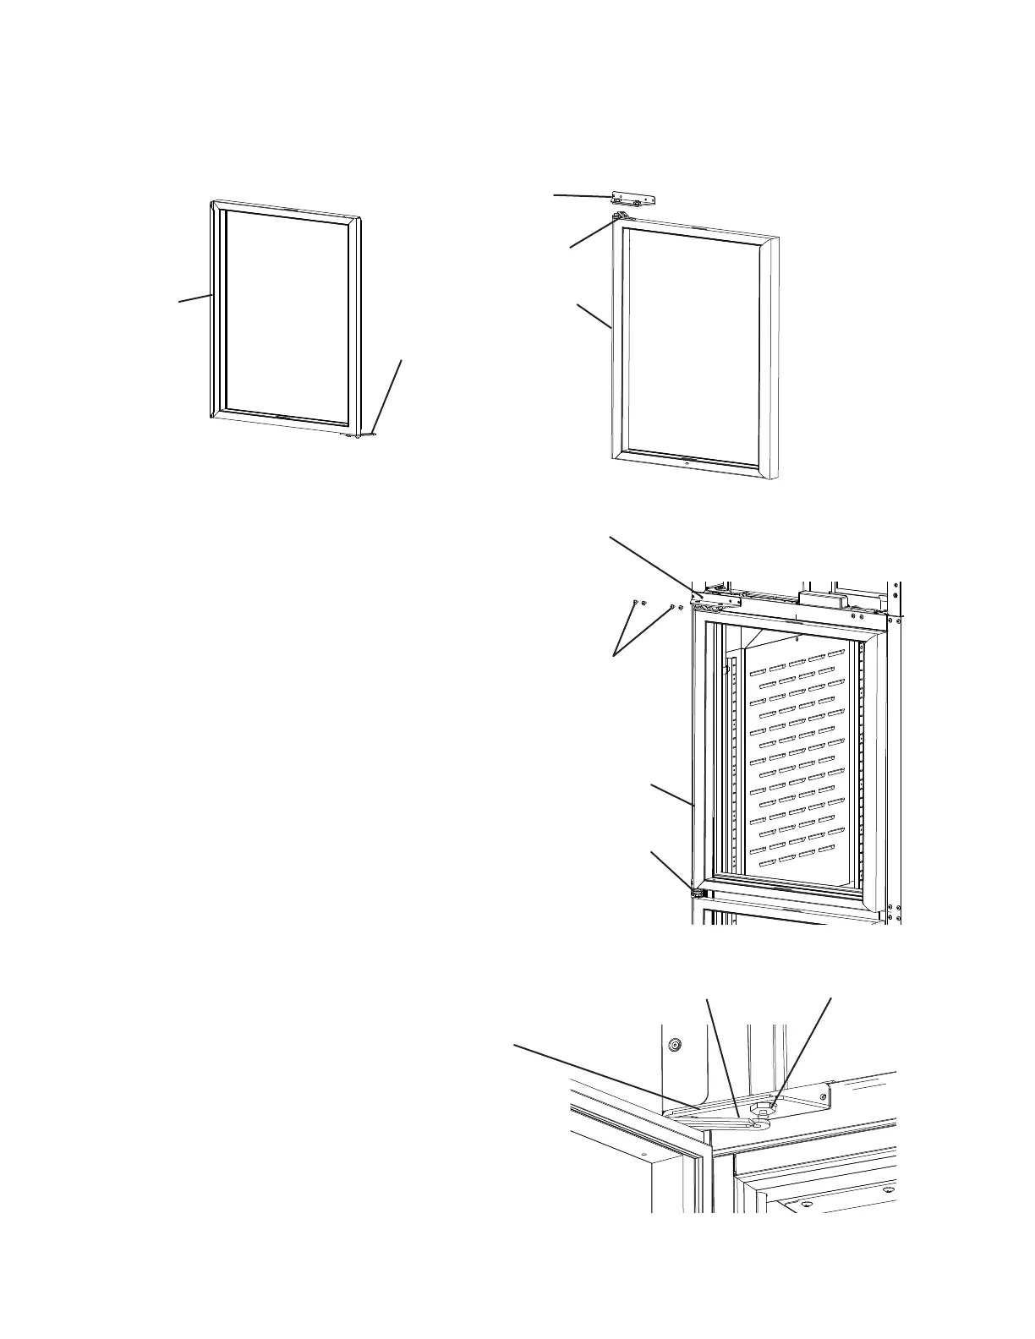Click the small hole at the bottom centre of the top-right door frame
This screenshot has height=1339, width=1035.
(687, 463)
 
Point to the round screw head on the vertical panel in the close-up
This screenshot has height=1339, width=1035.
(674, 1046)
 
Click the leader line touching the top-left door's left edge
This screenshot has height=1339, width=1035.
(194, 298)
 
